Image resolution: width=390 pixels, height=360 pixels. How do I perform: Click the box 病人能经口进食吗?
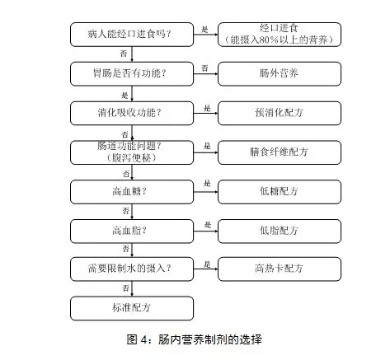coord(132,35)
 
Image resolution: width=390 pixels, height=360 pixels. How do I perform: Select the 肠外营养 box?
coord(280,74)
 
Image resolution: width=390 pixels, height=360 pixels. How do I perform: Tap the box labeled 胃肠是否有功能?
coord(132,74)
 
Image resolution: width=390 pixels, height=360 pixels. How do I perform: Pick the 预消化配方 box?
coord(280,113)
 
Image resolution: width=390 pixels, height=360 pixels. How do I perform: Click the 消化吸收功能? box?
coord(132,113)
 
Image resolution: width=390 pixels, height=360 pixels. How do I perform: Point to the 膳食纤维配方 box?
coord(280,152)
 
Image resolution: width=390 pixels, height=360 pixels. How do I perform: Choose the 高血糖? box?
coord(132,192)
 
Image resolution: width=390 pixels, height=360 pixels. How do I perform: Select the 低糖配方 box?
coord(280,192)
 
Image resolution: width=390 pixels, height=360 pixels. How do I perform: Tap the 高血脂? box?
coord(132,231)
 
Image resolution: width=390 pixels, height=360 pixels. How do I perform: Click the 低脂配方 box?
coord(280,231)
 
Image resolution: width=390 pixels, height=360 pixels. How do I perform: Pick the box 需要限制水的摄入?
coord(132,269)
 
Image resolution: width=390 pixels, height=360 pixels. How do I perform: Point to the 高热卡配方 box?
coord(280,269)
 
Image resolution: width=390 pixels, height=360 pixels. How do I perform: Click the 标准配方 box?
coord(132,308)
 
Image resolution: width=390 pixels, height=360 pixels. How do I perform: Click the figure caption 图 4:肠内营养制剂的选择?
coord(195,339)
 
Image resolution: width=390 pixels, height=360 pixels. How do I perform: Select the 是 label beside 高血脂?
coord(208,225)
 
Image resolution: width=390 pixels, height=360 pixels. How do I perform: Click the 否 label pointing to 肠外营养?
coord(204,68)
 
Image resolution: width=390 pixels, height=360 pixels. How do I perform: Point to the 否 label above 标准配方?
coord(125,288)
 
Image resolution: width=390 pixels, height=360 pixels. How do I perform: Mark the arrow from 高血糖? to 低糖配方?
coord(206,192)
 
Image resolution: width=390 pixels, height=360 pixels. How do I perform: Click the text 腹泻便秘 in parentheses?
coord(132,158)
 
